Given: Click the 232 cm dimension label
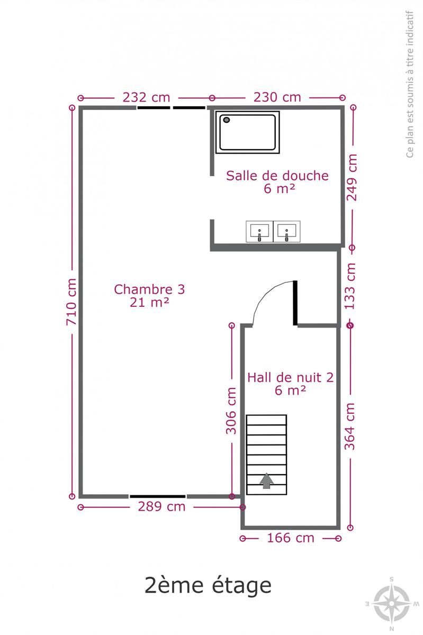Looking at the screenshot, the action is tap(146, 97).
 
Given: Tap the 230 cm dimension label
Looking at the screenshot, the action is tap(277, 97).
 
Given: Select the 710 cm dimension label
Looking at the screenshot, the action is tap(71, 302).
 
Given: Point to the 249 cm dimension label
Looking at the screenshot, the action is tap(352, 177).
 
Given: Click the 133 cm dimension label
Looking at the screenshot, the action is tap(350, 286).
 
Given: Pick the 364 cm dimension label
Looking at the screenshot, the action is tap(350, 427).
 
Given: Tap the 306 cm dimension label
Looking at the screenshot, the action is tap(231, 411).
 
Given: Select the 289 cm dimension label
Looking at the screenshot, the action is tap(161, 506).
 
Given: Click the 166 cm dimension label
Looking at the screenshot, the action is tap(291, 538).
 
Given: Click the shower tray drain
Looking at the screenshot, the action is tap(227, 120).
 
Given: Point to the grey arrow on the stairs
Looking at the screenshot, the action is tap(266, 481).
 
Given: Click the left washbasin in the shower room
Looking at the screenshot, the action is tap(259, 232).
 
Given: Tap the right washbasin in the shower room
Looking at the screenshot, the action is tap(286, 232).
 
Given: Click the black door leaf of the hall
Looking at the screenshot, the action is tap(295, 303).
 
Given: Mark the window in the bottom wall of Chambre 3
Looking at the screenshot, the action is tap(158, 496).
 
